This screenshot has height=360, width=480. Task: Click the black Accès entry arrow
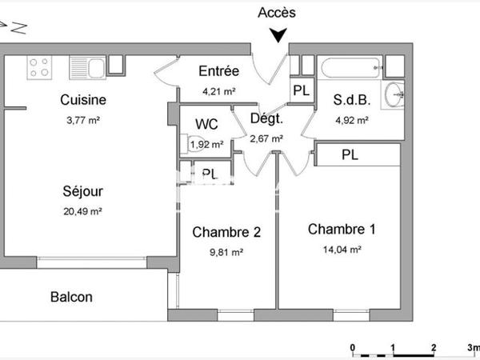[x=278, y=35]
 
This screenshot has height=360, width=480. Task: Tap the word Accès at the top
[x=278, y=12]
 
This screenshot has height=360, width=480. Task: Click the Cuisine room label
[x=83, y=101]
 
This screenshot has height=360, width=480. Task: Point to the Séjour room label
[x=83, y=192]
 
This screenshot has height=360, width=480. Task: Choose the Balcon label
[x=71, y=297]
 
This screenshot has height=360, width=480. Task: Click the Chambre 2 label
[x=226, y=233]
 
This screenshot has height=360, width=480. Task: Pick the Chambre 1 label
[x=342, y=230]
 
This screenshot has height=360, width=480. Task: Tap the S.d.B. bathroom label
[x=350, y=101]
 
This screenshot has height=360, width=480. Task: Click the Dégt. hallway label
[x=266, y=120]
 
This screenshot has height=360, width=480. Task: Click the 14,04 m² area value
[x=342, y=249]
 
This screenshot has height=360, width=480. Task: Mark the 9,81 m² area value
[x=226, y=251]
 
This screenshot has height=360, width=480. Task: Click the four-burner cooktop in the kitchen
[x=41, y=67]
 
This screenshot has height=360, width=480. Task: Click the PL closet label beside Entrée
[x=301, y=90]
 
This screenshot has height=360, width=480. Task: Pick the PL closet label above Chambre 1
[x=350, y=155]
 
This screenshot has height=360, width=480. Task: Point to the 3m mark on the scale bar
[x=473, y=347]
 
